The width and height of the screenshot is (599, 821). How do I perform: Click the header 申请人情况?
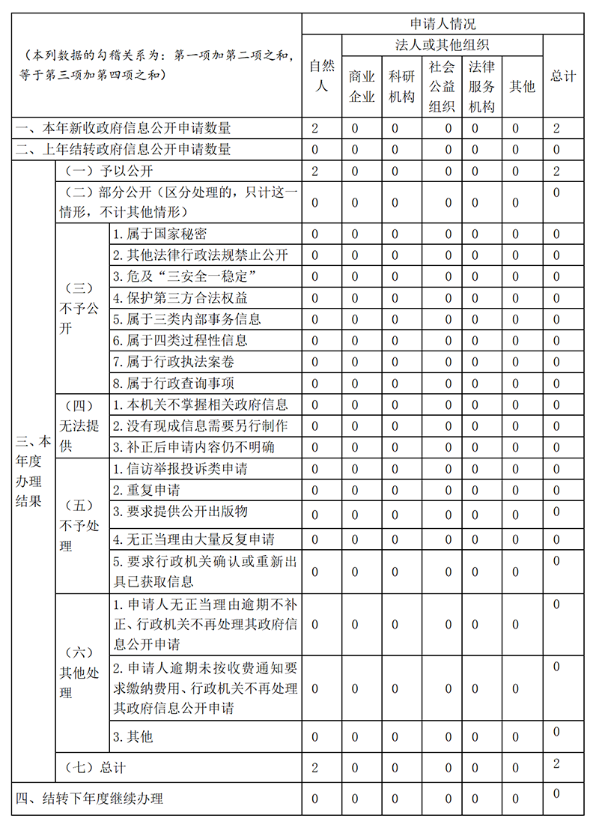443,24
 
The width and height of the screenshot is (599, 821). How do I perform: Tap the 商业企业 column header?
362,86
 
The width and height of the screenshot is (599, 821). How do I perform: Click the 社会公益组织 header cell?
442,86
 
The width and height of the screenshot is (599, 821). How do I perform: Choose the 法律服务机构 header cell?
481,86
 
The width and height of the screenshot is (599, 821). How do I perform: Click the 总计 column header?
563,76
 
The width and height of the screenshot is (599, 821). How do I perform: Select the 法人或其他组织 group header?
442,45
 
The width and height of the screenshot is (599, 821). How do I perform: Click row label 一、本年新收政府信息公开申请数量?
124,128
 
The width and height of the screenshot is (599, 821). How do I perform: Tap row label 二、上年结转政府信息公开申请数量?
124,149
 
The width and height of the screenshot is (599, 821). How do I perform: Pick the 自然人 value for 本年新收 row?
315,128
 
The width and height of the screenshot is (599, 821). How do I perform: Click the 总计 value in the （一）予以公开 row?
556,171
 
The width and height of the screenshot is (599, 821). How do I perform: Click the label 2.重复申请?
147,491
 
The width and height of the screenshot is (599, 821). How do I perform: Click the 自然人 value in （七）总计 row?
315,768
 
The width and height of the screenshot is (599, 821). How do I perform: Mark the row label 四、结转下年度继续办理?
90,799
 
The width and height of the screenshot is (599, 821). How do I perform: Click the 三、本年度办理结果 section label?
33,471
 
